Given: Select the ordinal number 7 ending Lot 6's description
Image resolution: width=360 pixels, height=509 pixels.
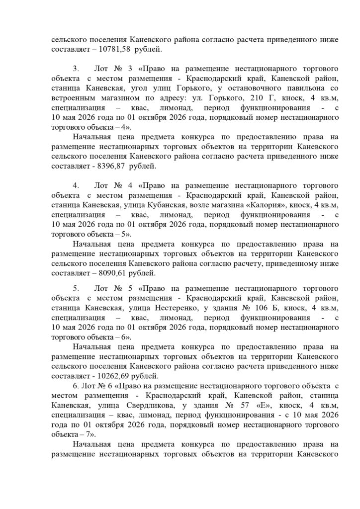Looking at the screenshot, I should pyautogui.click(x=91, y=433).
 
